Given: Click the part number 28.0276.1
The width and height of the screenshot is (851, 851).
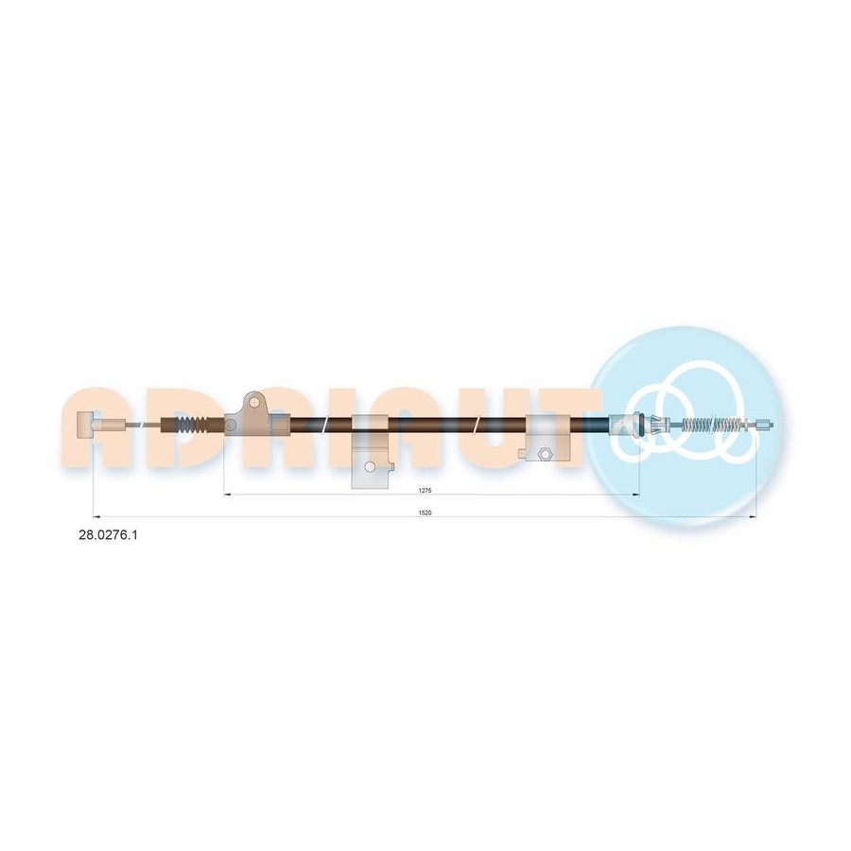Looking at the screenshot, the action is click(x=109, y=535).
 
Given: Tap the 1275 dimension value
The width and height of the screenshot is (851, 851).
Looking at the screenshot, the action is click(x=425, y=491).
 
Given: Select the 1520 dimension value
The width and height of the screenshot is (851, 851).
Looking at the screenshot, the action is click(x=425, y=512).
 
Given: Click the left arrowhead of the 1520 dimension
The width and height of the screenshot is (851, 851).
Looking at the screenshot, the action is click(x=97, y=517).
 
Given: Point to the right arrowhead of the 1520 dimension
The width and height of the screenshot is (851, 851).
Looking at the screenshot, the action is click(x=753, y=517).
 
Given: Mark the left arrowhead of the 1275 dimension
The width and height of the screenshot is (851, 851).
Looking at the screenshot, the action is click(x=228, y=495).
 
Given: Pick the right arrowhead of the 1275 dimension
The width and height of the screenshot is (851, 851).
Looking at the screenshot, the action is click(x=636, y=495).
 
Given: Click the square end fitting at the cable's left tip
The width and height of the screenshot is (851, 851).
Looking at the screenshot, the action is click(x=86, y=424).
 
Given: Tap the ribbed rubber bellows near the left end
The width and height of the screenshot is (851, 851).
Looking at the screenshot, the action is click(x=193, y=425).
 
